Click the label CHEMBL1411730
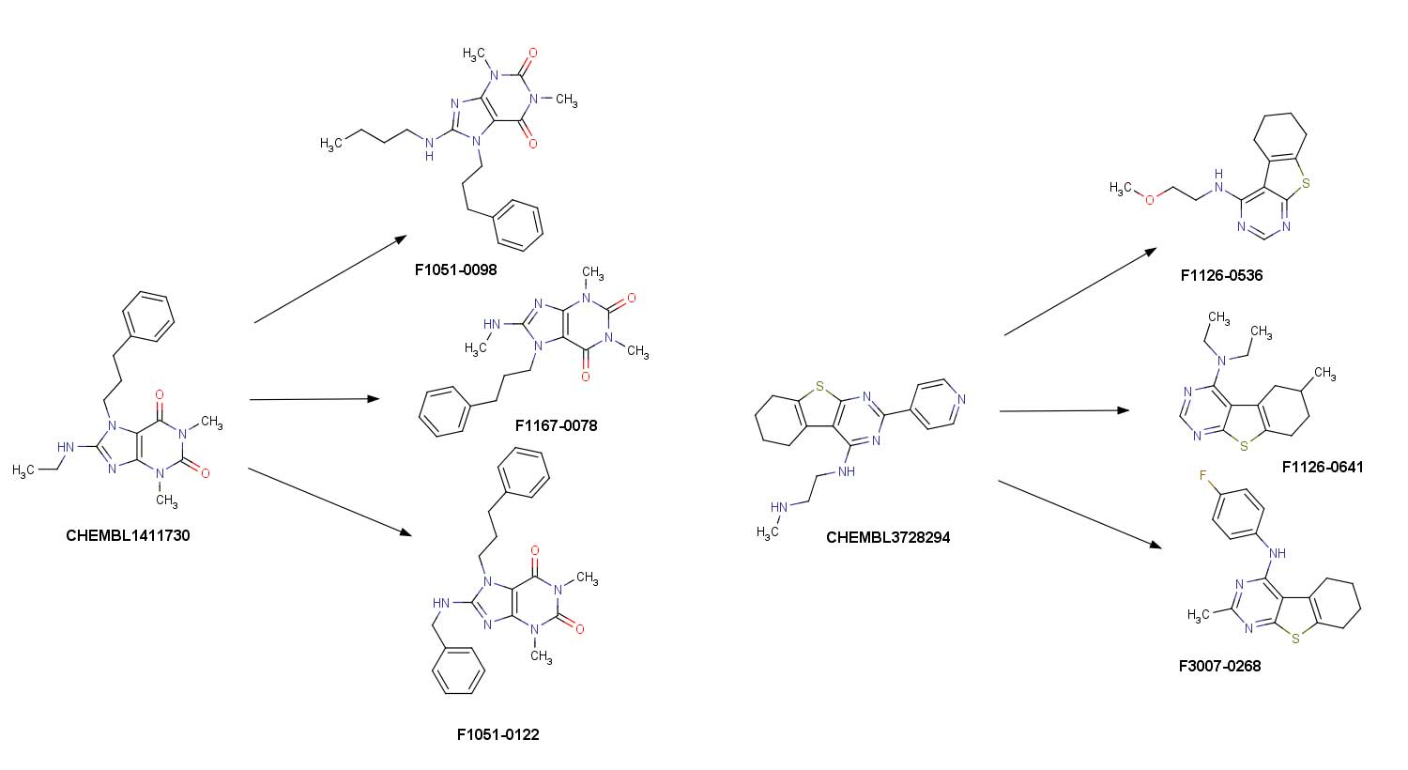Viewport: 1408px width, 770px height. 128,536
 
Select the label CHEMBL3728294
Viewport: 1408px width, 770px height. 888,538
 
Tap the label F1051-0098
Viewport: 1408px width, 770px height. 455,270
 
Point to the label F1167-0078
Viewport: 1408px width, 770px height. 556,425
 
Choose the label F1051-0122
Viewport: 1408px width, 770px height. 497,734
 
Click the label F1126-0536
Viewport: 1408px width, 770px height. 1221,276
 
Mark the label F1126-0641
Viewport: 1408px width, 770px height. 1323,467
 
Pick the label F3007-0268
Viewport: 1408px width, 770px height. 1219,666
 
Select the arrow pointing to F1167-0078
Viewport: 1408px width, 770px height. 314,399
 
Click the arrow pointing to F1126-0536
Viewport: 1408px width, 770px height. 1079,292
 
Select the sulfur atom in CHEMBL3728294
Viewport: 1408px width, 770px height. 819,386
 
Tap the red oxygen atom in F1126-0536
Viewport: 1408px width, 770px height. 1150,199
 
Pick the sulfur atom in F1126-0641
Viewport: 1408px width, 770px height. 1244,446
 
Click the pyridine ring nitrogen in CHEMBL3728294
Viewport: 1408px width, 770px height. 957,400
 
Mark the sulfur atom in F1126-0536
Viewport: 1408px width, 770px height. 1305,184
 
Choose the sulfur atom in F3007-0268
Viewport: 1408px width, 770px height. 1295,639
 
